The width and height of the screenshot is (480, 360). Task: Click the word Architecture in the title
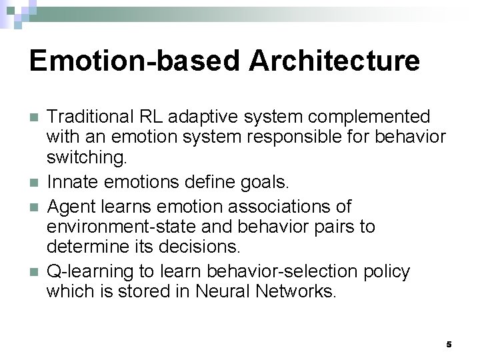335,61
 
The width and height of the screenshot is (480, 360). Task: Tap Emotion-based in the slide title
135,61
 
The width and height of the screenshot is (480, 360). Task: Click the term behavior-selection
283,271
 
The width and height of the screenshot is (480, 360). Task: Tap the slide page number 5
449,344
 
